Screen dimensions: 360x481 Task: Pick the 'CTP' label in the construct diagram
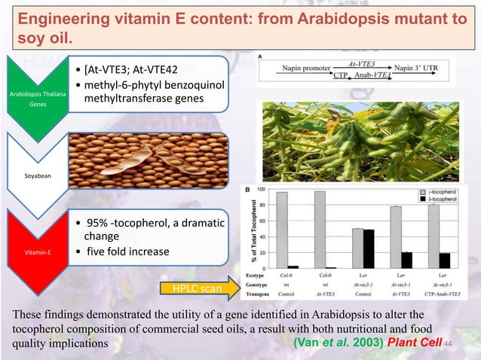[x=340, y=75]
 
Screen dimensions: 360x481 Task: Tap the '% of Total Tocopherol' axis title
[x=248, y=226]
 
